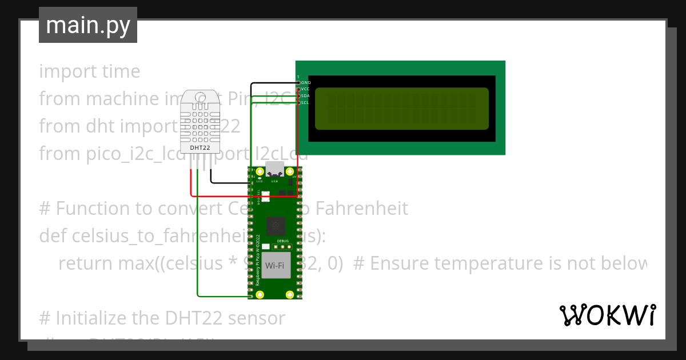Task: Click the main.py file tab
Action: [x=87, y=25]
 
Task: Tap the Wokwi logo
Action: [x=607, y=315]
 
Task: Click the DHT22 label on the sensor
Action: [x=200, y=147]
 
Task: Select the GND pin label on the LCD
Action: [x=305, y=82]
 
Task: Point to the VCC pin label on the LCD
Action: [x=305, y=89]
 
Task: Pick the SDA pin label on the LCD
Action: [x=305, y=96]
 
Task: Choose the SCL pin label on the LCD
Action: [x=305, y=103]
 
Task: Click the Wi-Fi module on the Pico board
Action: [x=276, y=266]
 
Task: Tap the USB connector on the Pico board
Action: [x=275, y=170]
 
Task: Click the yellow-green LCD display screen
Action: [x=401, y=109]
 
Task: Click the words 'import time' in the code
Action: [x=89, y=71]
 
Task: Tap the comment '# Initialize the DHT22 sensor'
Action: [x=162, y=318]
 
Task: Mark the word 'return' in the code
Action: [x=86, y=263]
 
